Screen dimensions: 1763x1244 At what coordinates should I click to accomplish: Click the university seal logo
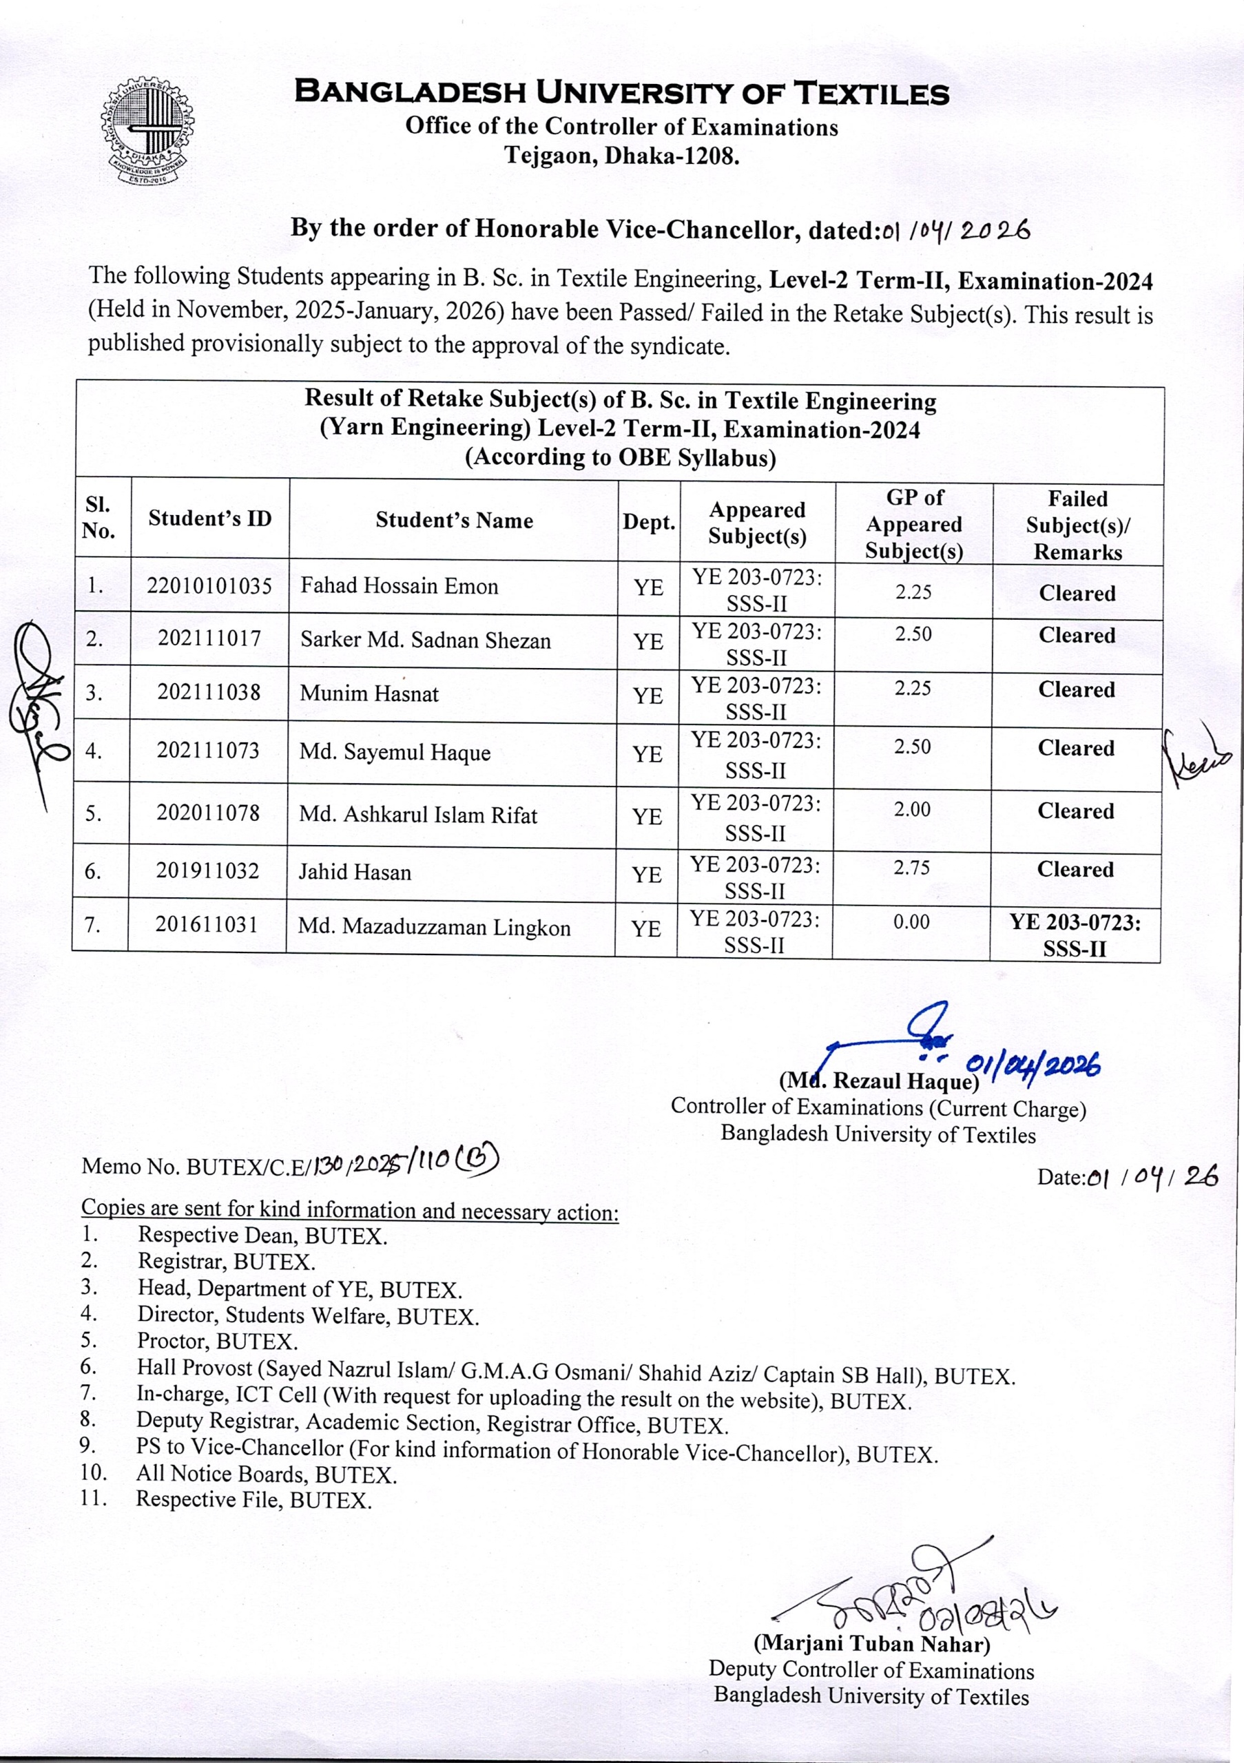coord(147,132)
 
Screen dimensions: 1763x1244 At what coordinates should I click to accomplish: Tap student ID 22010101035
coord(209,587)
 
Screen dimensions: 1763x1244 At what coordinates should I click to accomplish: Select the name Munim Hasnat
coord(369,694)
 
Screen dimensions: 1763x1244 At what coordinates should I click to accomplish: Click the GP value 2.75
coord(911,868)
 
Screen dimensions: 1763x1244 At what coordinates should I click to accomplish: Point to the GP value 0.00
coord(911,921)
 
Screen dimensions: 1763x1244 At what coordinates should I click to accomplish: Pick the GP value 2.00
coord(912,809)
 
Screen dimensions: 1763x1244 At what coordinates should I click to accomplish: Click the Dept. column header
coord(649,523)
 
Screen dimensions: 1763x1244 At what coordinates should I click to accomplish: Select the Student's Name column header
coord(454,521)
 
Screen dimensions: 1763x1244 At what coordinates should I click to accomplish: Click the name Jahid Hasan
coord(355,873)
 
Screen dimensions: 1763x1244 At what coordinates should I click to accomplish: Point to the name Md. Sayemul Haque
coord(395,753)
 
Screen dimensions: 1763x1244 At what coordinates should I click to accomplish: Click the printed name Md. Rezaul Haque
coord(879,1081)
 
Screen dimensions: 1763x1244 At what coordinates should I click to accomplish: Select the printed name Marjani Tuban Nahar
coord(871,1644)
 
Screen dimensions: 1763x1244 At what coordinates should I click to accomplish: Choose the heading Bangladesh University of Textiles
coord(622,94)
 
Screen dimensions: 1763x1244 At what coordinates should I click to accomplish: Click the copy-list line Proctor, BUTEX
coord(217,1341)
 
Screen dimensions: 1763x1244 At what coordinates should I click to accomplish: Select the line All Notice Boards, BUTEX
coord(266,1474)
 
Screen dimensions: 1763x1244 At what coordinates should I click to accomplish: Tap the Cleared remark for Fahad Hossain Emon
coord(1077,594)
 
